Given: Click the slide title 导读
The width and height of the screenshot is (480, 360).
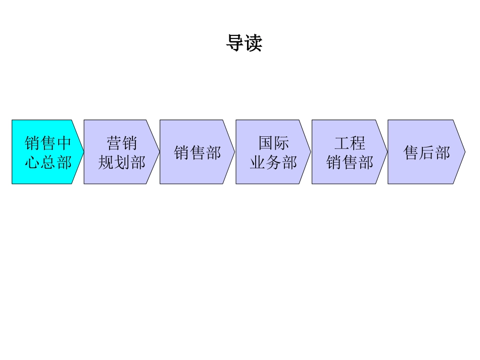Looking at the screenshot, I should click(x=244, y=43).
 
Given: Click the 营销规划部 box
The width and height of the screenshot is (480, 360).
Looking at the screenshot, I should click(x=121, y=152).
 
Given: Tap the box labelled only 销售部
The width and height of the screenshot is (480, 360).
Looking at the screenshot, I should click(x=198, y=152).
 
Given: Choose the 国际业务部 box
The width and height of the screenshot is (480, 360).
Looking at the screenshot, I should click(x=273, y=152).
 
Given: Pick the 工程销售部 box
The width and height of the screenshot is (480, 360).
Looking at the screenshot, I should click(x=349, y=152).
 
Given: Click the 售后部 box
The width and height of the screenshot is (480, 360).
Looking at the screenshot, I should click(x=425, y=152).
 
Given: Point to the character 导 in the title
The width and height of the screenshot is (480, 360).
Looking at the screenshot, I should click(x=235, y=43).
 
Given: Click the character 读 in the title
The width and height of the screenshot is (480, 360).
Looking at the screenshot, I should click(x=253, y=43).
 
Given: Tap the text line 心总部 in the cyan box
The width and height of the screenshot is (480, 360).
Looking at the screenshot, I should click(x=48, y=162).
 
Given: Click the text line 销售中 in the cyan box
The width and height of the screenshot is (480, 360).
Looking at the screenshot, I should click(x=48, y=143).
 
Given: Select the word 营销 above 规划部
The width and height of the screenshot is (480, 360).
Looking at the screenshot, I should click(x=122, y=143).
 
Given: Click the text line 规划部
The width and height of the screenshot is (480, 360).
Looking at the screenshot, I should click(x=122, y=162).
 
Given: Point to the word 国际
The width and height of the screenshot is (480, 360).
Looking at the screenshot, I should click(x=274, y=143).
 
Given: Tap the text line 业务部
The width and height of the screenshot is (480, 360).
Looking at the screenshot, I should click(x=273, y=162).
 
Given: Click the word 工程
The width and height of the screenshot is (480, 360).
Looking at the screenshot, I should click(x=350, y=143).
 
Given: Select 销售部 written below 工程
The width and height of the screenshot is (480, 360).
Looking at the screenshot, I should click(x=350, y=162).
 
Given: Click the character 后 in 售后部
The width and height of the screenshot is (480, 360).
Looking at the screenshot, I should click(x=427, y=152).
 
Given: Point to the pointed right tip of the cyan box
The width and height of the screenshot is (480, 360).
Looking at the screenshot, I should click(x=83, y=152).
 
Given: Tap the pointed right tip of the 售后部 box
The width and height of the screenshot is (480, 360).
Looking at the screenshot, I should click(x=464, y=152).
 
